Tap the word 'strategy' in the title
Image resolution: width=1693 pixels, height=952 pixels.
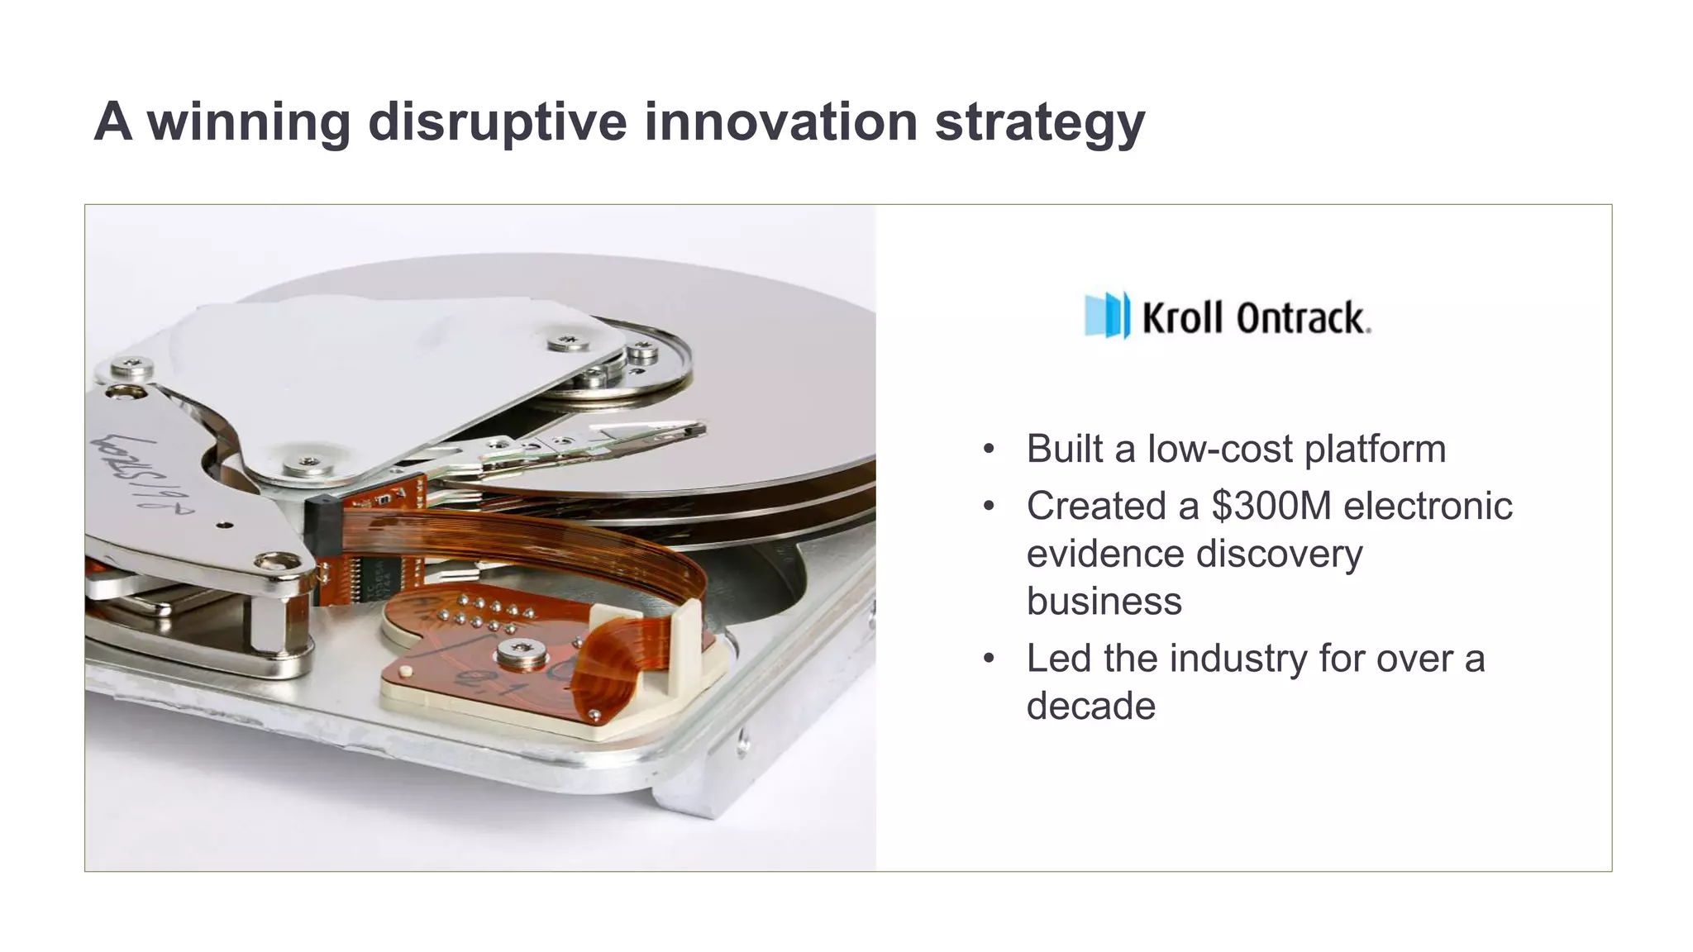[x=1039, y=121]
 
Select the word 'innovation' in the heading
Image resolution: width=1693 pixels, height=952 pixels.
[x=780, y=121]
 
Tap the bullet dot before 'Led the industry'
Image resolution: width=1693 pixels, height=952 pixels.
[x=988, y=659]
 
